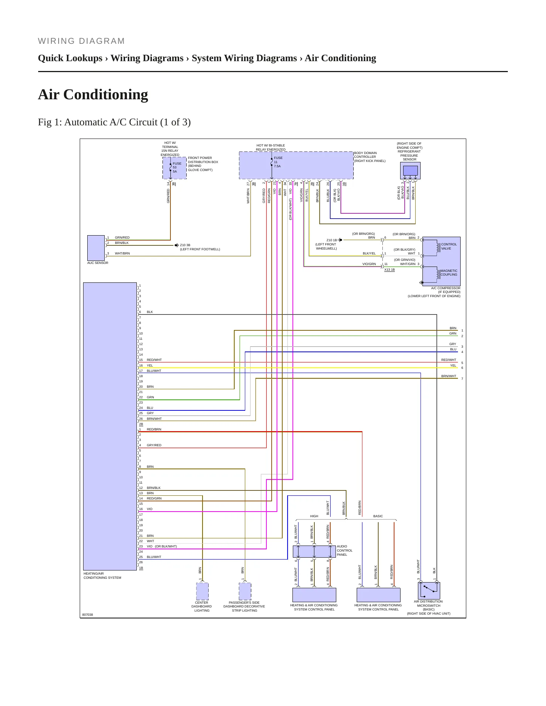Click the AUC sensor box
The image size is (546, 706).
(x=96, y=248)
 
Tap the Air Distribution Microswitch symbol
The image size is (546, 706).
(x=429, y=590)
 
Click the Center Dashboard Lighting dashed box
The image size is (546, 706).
(x=202, y=591)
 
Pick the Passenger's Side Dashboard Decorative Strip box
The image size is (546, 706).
(x=245, y=591)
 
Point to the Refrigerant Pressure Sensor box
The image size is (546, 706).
(x=410, y=171)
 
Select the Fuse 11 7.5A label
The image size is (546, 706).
(x=278, y=162)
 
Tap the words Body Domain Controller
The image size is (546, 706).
(x=365, y=155)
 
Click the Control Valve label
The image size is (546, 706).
(x=449, y=246)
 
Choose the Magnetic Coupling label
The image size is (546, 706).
(x=449, y=273)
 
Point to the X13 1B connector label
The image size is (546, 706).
(x=390, y=270)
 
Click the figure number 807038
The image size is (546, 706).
(x=88, y=615)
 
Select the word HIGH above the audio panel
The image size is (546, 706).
(x=314, y=516)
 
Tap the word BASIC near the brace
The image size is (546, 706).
(x=378, y=516)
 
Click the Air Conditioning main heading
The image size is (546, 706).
(x=93, y=94)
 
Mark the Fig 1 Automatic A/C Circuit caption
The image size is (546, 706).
(x=114, y=122)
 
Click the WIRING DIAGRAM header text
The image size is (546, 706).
(x=81, y=41)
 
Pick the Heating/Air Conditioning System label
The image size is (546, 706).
(x=102, y=575)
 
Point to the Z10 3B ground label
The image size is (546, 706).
(x=185, y=245)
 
